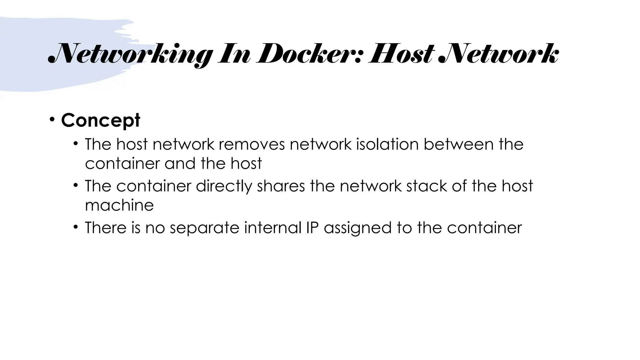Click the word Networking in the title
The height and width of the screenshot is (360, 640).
pos(131,55)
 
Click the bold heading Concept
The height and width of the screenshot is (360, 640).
pos(101,120)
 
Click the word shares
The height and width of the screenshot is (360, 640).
pos(281,186)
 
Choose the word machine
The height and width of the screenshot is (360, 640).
pos(119,205)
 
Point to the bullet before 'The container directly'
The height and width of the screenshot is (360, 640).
pos(76,185)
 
